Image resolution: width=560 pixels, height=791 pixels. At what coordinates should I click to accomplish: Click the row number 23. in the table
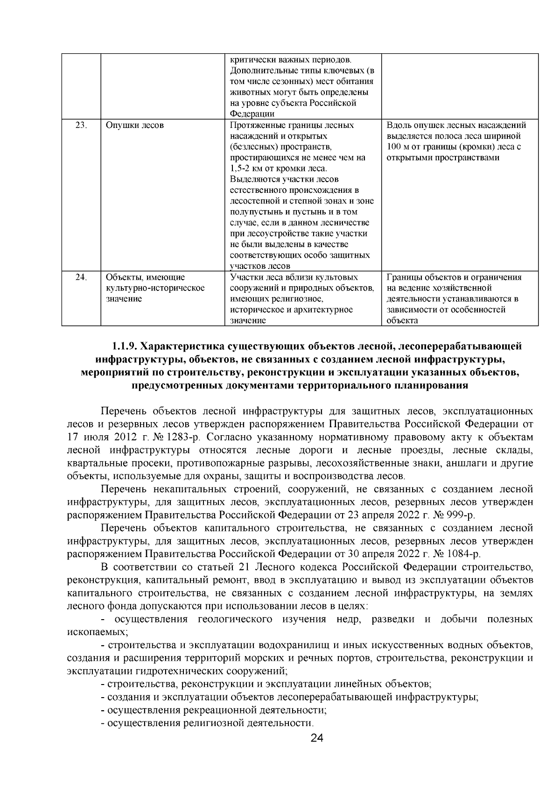pyautogui.click(x=82, y=126)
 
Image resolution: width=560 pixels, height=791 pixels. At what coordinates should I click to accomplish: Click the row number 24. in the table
pyautogui.click(x=82, y=277)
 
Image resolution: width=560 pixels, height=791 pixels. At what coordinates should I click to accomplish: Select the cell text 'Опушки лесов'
pyautogui.click(x=134, y=126)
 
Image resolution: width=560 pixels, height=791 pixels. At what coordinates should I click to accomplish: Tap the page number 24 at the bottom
pyautogui.click(x=317, y=738)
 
